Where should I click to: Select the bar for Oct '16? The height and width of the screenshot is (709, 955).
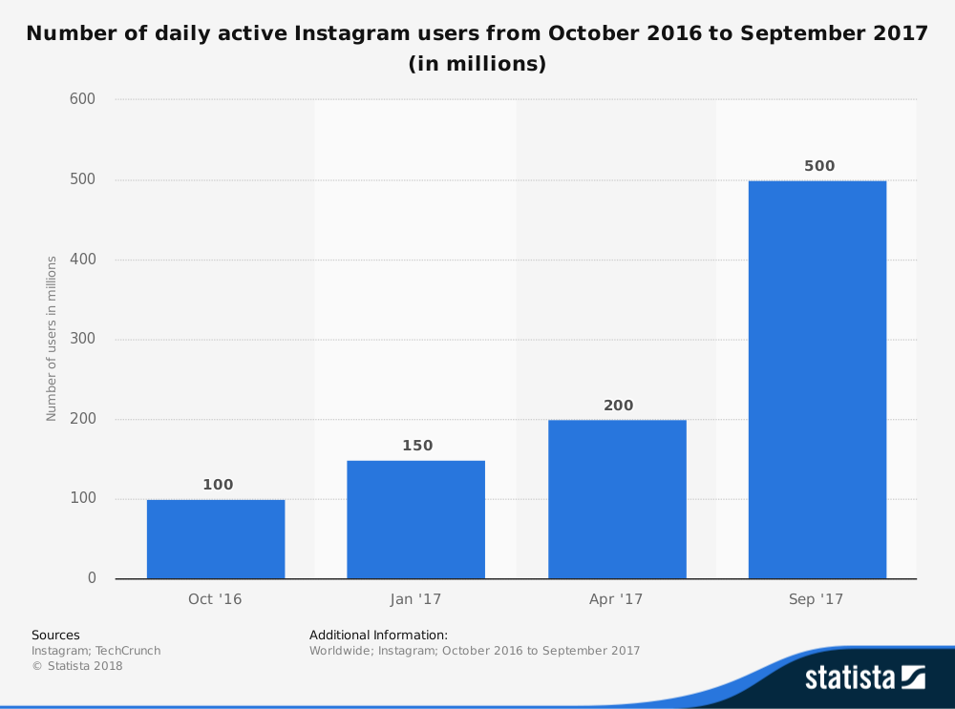tap(216, 539)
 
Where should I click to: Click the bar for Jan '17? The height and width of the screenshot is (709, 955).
tap(415, 520)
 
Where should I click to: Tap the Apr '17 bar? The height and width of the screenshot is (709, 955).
tap(617, 499)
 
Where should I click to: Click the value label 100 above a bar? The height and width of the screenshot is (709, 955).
tap(218, 485)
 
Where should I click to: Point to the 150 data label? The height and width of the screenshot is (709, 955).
tap(417, 446)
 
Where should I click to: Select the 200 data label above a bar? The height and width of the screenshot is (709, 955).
tap(618, 406)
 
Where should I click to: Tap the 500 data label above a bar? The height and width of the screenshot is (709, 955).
tap(818, 166)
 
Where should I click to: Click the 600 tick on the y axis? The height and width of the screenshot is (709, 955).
tap(83, 99)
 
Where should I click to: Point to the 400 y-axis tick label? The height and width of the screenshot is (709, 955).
tap(83, 260)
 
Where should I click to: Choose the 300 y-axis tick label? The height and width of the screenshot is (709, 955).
tap(83, 339)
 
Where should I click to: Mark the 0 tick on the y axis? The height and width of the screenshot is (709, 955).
tap(92, 578)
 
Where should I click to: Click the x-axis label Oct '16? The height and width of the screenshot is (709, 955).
tap(215, 600)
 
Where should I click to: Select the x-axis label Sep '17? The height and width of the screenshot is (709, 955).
tap(817, 600)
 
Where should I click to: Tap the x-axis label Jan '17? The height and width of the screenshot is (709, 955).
tap(415, 600)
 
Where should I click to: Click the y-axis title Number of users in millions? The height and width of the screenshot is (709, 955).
tap(52, 338)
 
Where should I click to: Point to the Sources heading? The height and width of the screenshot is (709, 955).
tap(55, 635)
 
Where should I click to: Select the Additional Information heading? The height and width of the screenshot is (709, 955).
tap(378, 635)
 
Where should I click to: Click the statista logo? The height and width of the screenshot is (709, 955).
tap(864, 678)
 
